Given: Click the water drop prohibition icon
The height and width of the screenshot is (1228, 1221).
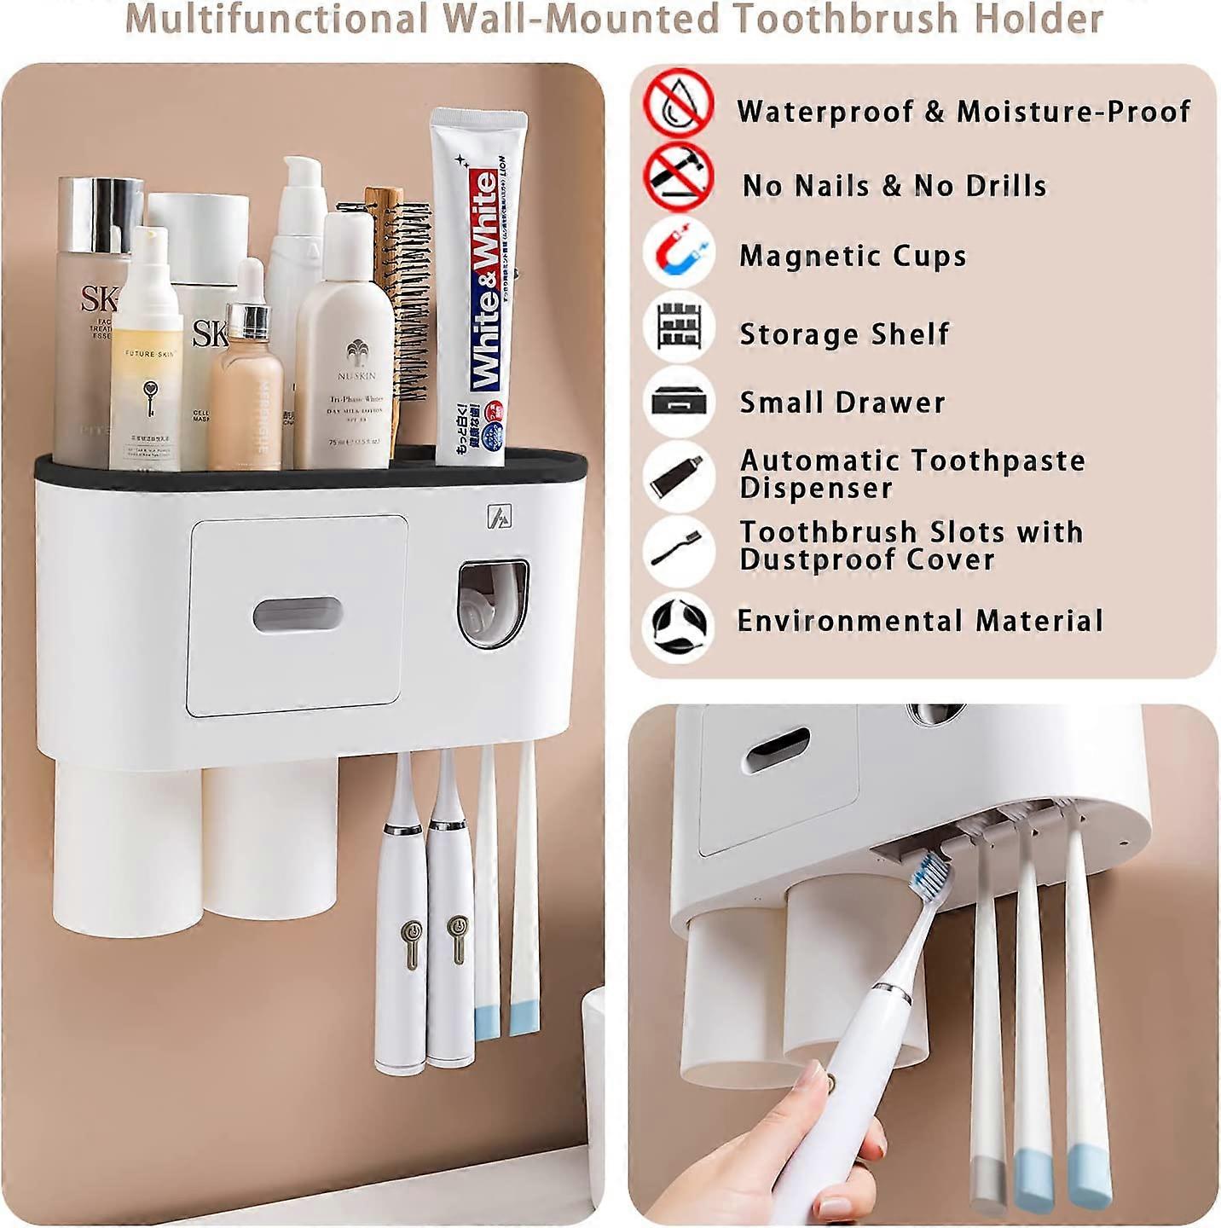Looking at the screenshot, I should pyautogui.click(x=679, y=103).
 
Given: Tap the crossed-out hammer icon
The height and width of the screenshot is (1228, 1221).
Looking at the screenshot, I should pyautogui.click(x=679, y=177).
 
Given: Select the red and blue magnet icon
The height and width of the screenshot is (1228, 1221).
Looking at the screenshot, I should pyautogui.click(x=680, y=252).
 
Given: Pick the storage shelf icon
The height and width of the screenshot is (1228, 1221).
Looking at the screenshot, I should pyautogui.click(x=680, y=327).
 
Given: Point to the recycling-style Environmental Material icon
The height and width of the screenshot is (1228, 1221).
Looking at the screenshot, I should pyautogui.click(x=680, y=627).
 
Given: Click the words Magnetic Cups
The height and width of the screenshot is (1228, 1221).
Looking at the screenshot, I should pyautogui.click(x=853, y=256).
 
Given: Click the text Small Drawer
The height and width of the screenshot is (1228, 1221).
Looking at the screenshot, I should pyautogui.click(x=842, y=403).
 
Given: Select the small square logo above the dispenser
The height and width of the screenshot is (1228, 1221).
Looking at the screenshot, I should pyautogui.click(x=499, y=517).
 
